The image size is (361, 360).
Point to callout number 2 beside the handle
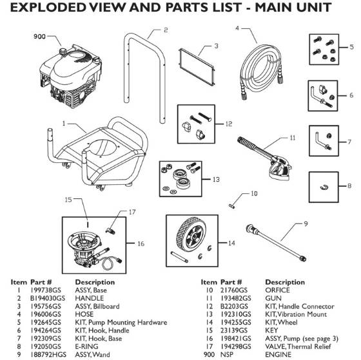pos(166,30)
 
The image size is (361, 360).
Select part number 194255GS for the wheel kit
pos(235,321)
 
